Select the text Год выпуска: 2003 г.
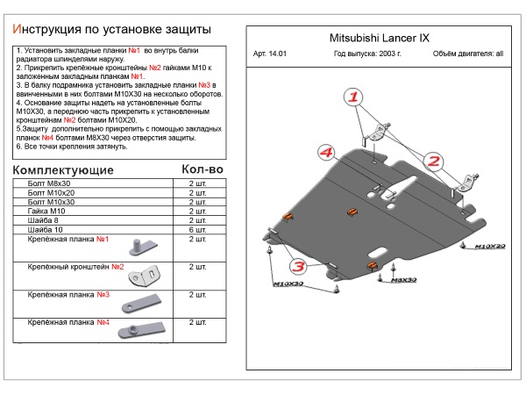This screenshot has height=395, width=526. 367,54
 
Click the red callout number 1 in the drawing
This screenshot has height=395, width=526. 352,96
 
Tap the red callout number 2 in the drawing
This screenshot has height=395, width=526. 433,161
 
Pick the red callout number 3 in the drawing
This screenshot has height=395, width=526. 297,265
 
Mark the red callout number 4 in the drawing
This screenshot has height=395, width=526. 325,154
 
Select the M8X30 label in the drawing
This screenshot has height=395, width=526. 402,280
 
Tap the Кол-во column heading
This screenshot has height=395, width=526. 202,169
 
